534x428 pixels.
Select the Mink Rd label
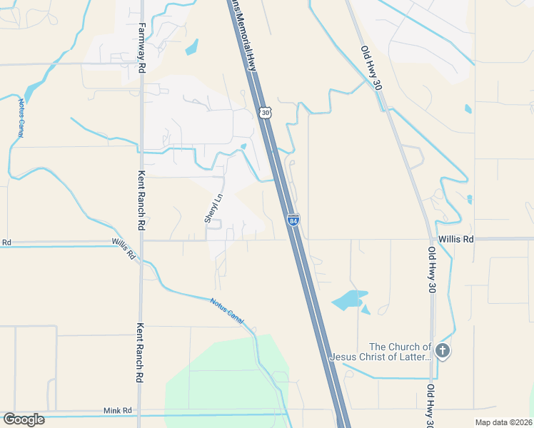coord(118,410)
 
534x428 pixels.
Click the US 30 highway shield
coord(266,113)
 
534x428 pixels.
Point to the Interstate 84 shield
coord(293,220)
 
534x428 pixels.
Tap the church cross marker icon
coord(443,351)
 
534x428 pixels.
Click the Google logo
coord(24,419)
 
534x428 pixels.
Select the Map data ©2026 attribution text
coord(503,422)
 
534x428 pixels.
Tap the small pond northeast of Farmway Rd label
coord(191,48)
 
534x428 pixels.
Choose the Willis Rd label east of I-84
coord(456,240)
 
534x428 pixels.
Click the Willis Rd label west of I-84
coord(124,248)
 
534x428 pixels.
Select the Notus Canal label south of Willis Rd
coord(227,311)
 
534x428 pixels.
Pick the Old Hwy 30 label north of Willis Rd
coord(371,67)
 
